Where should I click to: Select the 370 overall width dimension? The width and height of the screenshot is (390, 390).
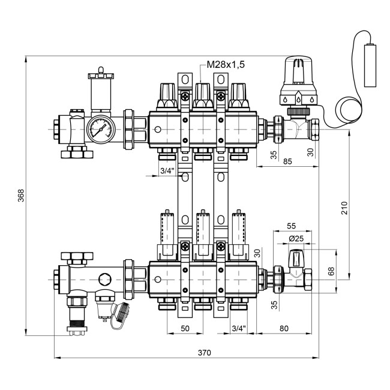tap(204, 353)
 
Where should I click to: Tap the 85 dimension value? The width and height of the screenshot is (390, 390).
tap(289, 160)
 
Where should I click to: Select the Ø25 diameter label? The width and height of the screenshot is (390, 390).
tap(296, 239)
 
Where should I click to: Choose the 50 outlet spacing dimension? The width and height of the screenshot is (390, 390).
tap(185, 328)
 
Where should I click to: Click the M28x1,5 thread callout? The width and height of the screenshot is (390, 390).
tap(226, 64)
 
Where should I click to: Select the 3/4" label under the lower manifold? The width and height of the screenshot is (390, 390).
tap(238, 328)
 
